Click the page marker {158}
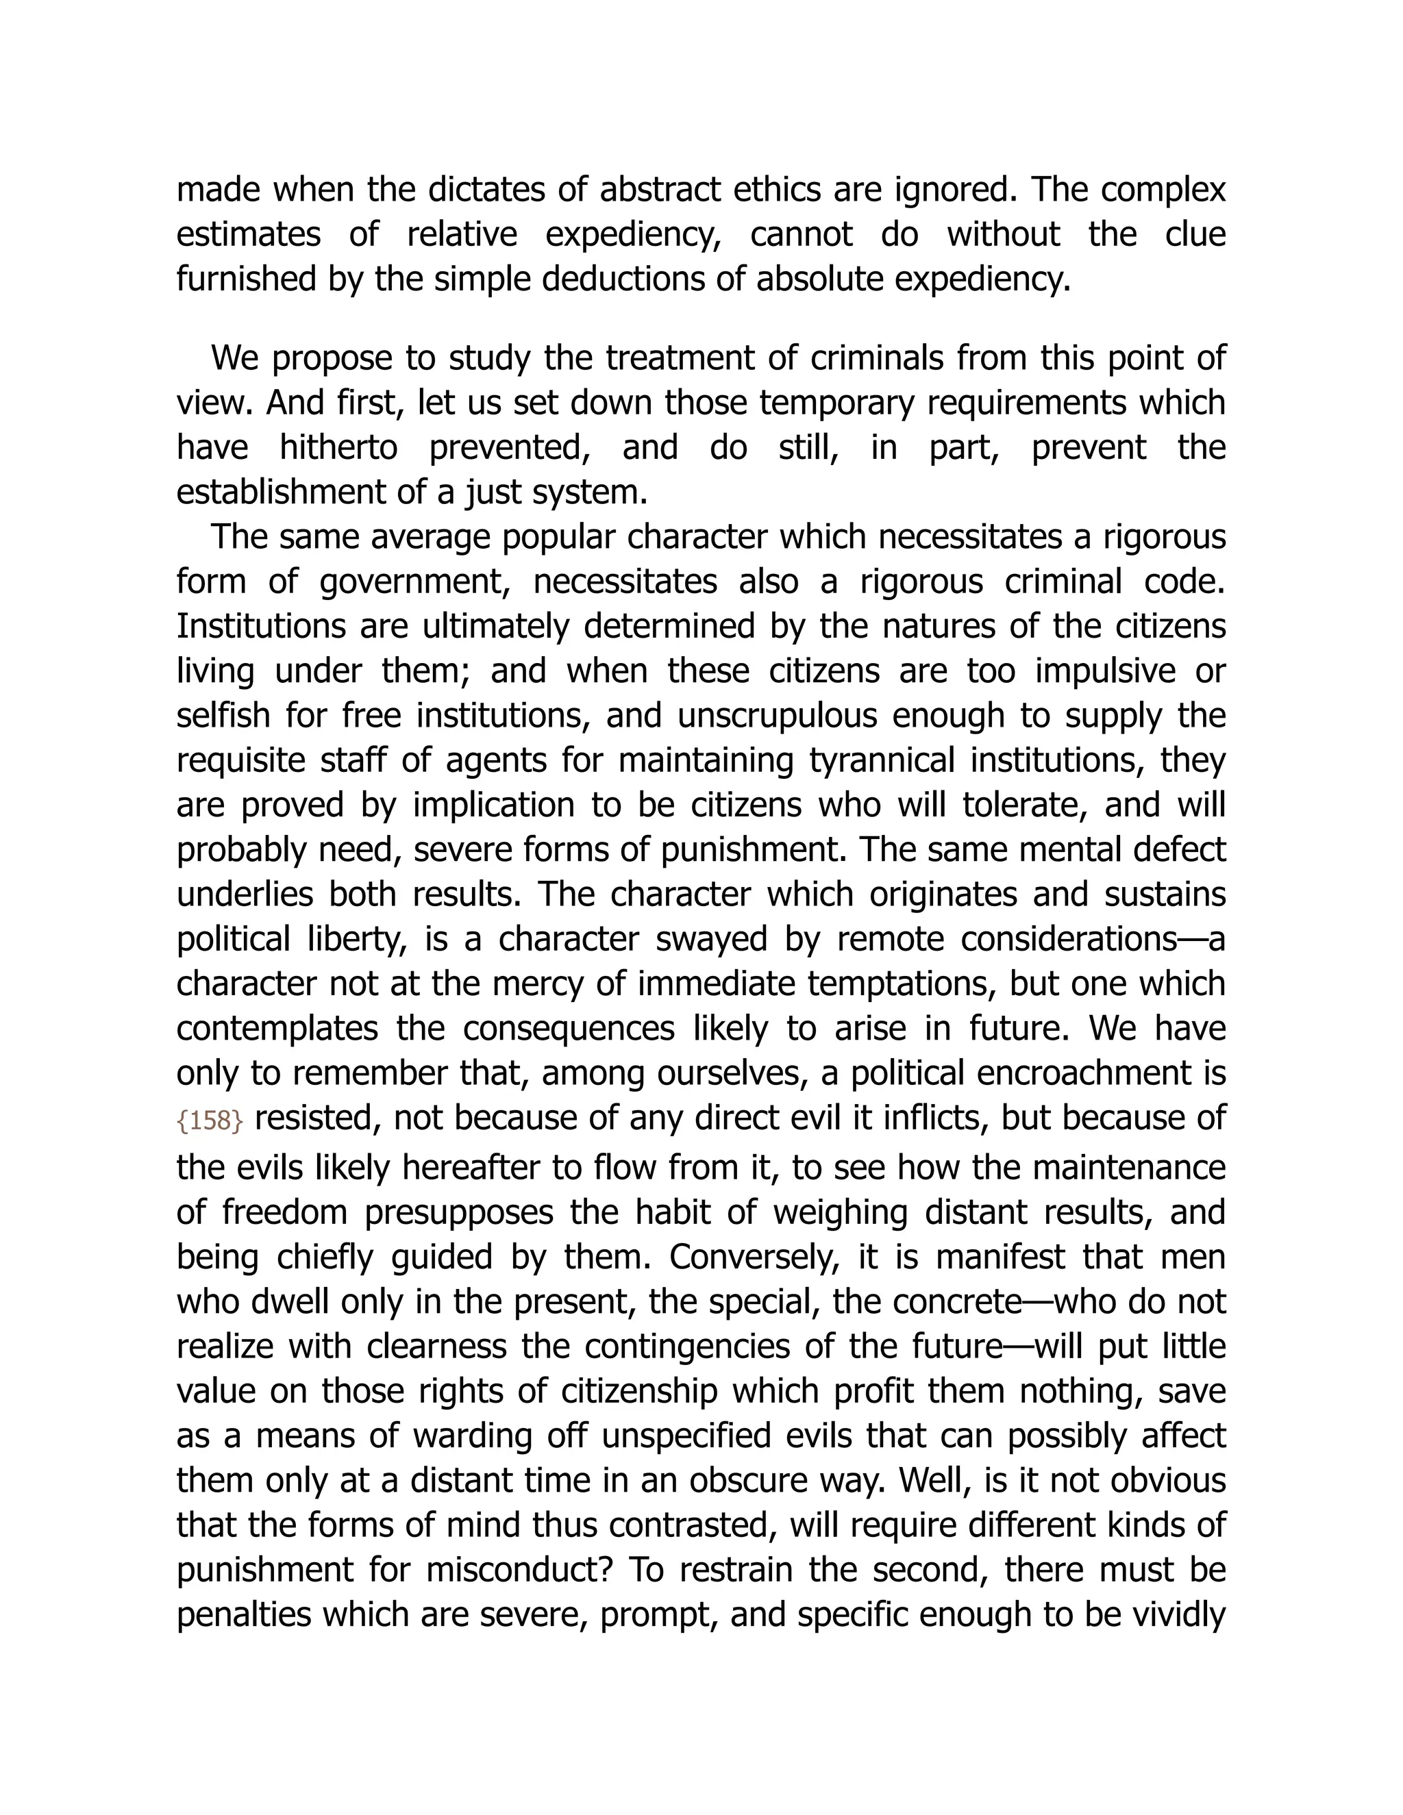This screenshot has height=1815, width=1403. (210, 1121)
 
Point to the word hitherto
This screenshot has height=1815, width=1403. (338, 448)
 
